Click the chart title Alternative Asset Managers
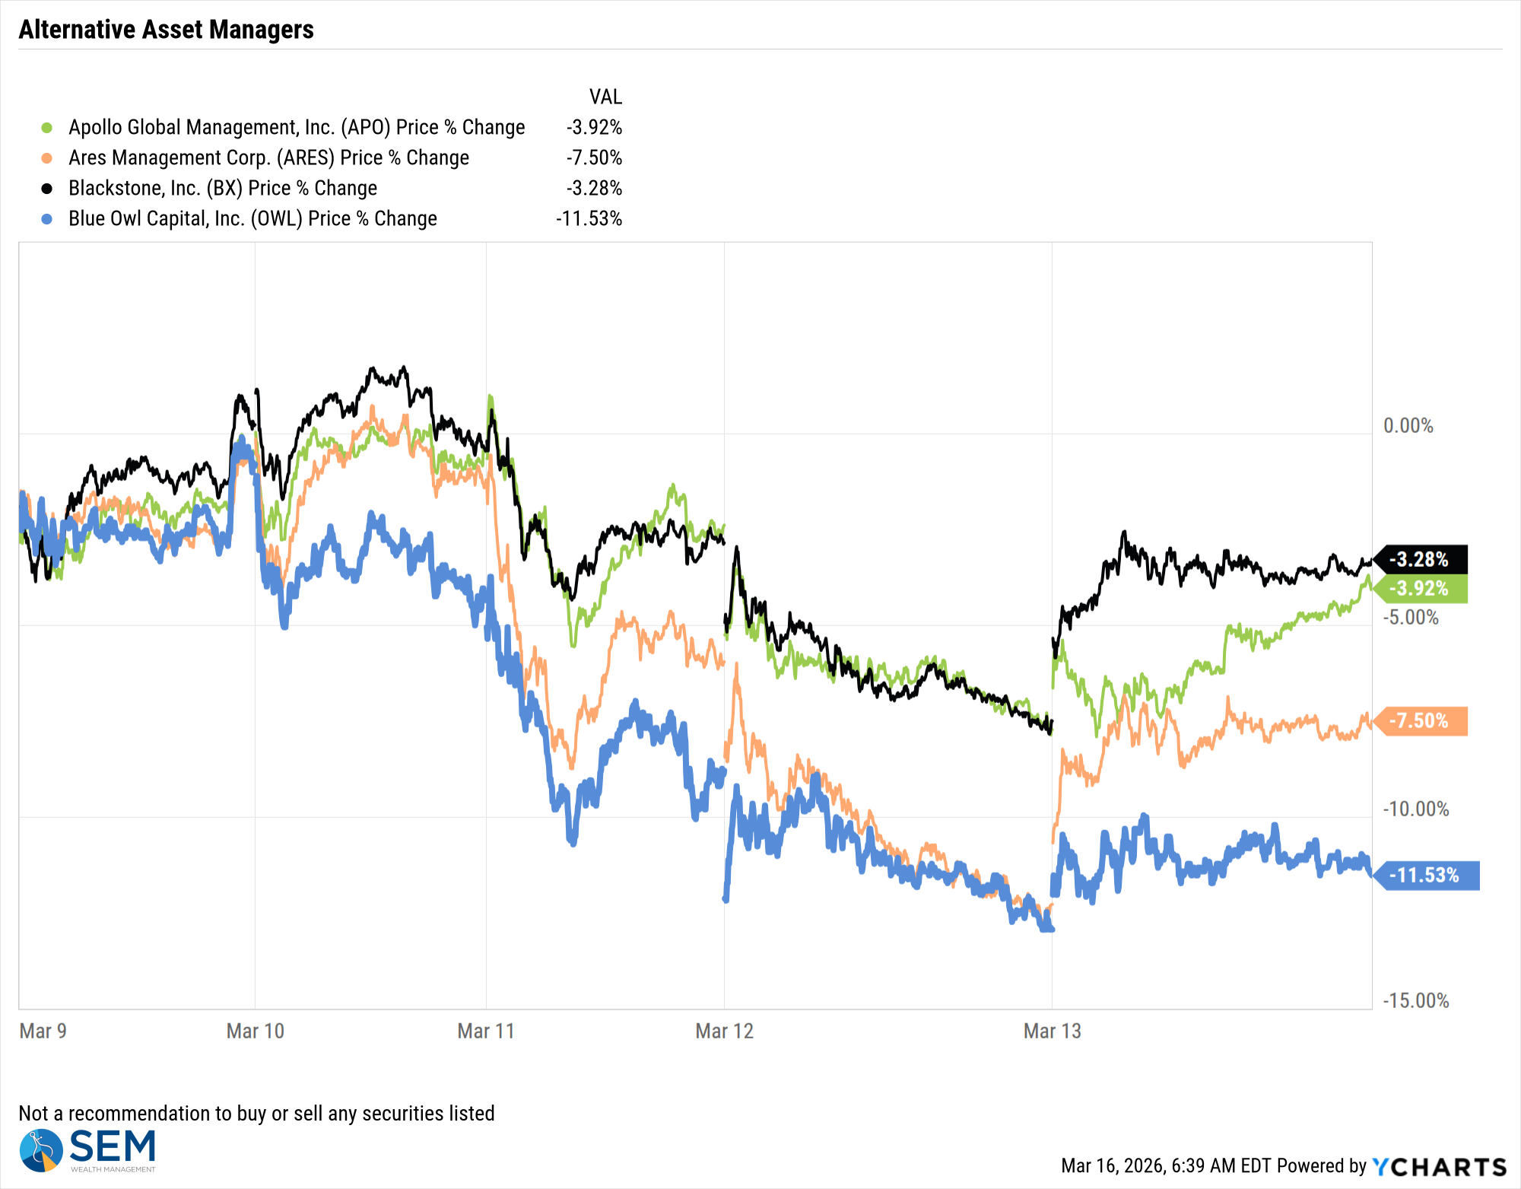tap(166, 30)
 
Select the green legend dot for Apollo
tap(47, 128)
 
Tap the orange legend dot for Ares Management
tap(47, 158)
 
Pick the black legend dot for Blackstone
tap(47, 189)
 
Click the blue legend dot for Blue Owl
tap(47, 219)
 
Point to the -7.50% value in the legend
tap(594, 158)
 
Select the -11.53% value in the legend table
tap(589, 219)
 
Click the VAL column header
tap(605, 97)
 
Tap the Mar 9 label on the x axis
tap(43, 1032)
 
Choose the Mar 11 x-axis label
tap(486, 1032)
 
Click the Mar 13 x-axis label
tap(1052, 1032)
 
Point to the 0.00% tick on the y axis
tap(1408, 426)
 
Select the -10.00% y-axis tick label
tap(1415, 809)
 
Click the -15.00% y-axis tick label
tap(1415, 1001)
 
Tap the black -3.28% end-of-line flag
tap(1420, 560)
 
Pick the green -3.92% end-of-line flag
tap(1420, 589)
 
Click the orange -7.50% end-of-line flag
tap(1420, 721)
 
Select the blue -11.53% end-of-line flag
tap(1425, 876)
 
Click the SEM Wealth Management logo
tap(88, 1150)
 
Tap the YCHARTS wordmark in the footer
tap(1439, 1167)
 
